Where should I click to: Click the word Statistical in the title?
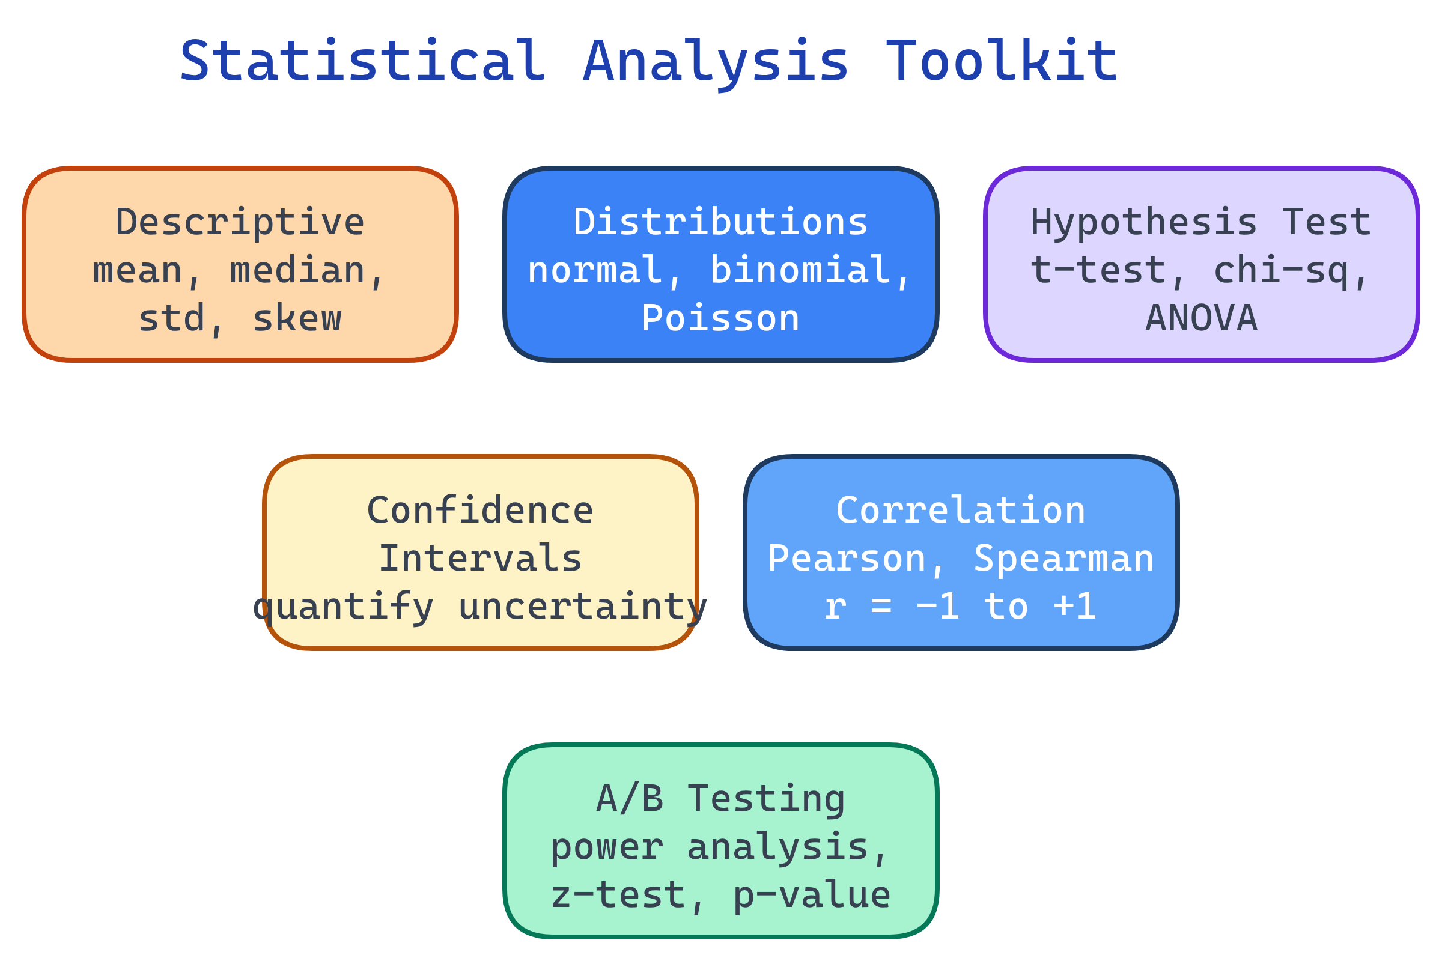[362, 61]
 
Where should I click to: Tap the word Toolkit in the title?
[1001, 61]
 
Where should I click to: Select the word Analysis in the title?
[716, 61]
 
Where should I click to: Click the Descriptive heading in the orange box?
[240, 222]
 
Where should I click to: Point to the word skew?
[297, 319]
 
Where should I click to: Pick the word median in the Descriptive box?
[297, 270]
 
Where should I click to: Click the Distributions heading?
[720, 222]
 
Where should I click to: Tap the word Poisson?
[720, 319]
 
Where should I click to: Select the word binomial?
[800, 270]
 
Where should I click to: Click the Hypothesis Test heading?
[1201, 222]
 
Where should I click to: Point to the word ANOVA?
[1201, 319]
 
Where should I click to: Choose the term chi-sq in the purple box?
[1281, 270]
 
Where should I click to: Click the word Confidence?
[480, 511]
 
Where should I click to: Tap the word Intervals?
[480, 559]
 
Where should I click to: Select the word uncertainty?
[582, 607]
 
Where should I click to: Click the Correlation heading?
[961, 511]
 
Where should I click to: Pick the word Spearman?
[1063, 559]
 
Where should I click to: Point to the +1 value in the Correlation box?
[1075, 607]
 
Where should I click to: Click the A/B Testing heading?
[720, 799]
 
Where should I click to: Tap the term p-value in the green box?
[812, 896]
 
